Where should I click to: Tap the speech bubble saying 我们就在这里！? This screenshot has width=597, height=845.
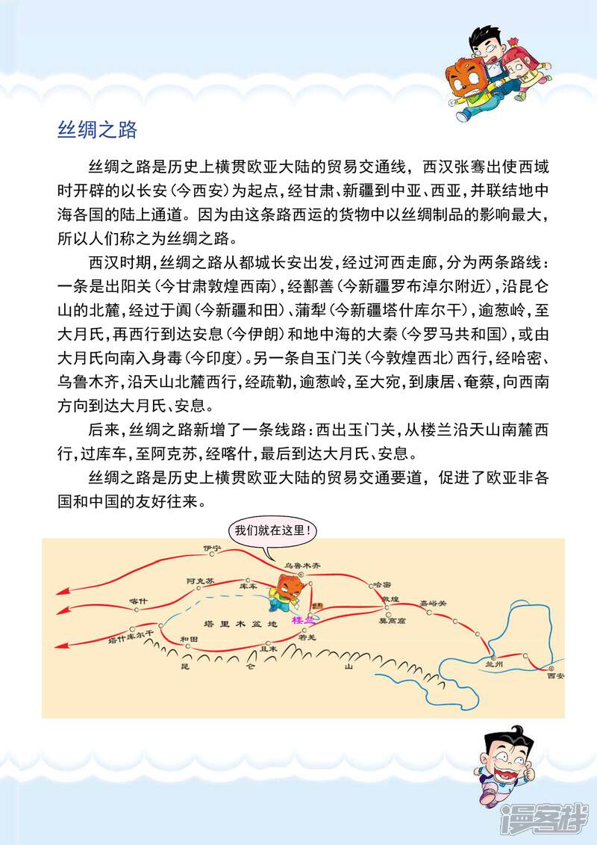[272, 532]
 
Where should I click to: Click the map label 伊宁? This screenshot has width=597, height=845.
[213, 548]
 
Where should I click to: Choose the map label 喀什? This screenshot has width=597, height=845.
[138, 600]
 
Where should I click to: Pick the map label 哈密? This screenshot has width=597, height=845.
[382, 585]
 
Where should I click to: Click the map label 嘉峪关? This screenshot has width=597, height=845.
[431, 602]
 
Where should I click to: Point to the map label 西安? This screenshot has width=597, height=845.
[555, 675]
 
